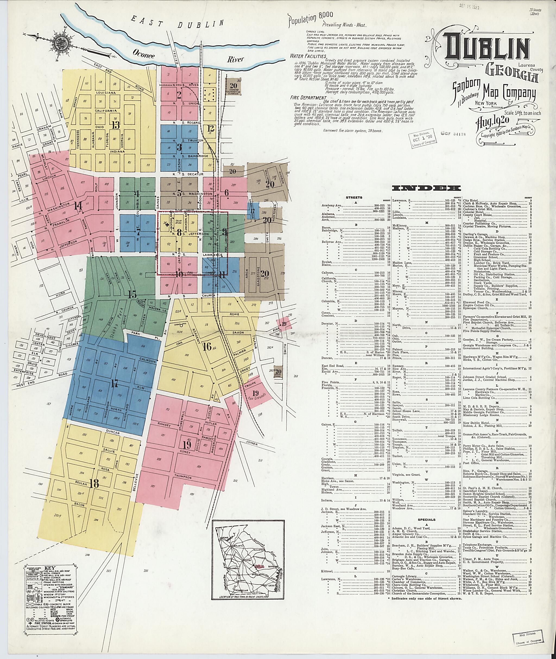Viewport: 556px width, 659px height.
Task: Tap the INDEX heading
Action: pyautogui.click(x=426, y=188)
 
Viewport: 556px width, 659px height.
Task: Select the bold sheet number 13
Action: pyautogui.click(x=116, y=125)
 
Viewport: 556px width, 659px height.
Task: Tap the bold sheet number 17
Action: pyautogui.click(x=114, y=384)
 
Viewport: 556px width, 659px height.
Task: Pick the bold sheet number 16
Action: pyautogui.click(x=207, y=346)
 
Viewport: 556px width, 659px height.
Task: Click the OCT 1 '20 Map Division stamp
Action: pyautogui.click(x=422, y=138)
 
